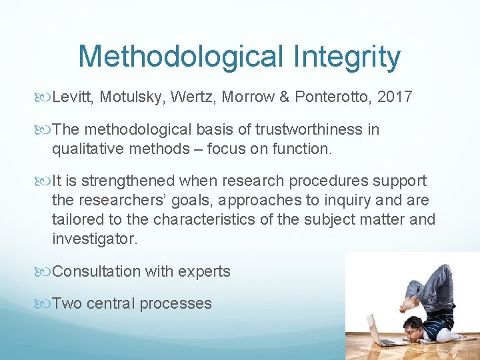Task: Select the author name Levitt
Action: (x=74, y=97)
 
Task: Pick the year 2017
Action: (x=395, y=97)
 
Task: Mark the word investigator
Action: (x=95, y=239)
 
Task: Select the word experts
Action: (x=205, y=271)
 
